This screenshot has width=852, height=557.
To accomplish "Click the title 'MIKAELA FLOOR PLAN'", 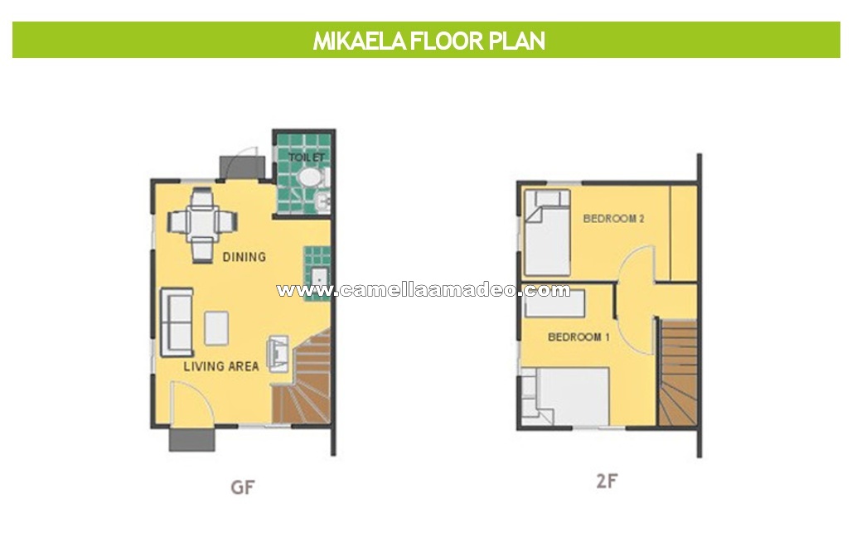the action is (x=428, y=41).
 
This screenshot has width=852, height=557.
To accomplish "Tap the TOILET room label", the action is (x=307, y=157).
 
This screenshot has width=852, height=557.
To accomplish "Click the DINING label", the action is (x=244, y=256).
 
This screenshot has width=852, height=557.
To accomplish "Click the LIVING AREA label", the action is (x=221, y=366).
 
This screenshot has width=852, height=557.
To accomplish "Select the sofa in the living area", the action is (x=177, y=322).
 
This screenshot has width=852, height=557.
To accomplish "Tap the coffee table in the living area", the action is (x=216, y=327).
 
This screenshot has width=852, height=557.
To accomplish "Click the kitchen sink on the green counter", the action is (x=319, y=278).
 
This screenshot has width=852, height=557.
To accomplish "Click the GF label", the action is (x=242, y=487).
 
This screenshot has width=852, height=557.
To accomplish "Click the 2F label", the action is (x=607, y=481).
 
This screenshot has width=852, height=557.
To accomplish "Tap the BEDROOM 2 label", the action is (x=613, y=219).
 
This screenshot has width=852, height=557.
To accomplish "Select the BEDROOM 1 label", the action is (x=578, y=337).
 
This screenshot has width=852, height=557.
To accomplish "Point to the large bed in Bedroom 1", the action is (x=565, y=396).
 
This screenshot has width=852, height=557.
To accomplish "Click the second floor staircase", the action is (x=678, y=373).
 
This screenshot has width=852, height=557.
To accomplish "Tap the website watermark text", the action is (x=424, y=290).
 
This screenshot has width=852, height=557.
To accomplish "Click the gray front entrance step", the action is (x=191, y=440).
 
